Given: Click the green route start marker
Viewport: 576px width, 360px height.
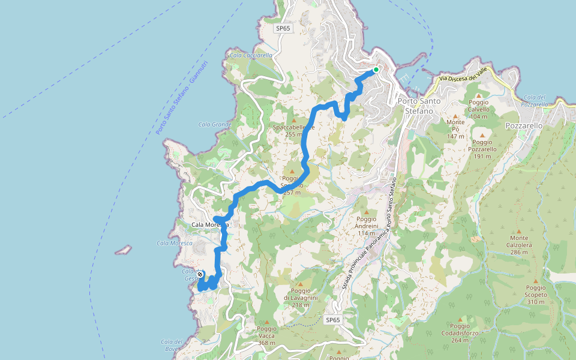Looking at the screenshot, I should [376, 70].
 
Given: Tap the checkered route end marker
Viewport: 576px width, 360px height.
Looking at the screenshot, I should [200, 274].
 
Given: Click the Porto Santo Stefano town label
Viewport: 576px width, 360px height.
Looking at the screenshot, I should [419, 106].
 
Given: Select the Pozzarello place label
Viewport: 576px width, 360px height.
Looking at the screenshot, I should [524, 126].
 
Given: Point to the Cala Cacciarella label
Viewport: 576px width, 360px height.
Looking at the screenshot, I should [251, 55].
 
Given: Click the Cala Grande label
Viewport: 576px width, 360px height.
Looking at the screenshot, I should [215, 125].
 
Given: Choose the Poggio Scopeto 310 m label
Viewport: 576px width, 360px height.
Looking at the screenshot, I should [536, 295].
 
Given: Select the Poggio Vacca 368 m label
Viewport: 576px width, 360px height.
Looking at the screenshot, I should [266, 332].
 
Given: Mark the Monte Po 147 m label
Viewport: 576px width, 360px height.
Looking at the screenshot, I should [455, 129].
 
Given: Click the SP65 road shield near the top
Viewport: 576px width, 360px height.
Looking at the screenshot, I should [283, 28].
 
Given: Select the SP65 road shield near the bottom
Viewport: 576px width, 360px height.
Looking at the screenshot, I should [333, 320].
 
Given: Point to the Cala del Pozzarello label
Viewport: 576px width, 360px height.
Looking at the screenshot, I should [535, 100].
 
